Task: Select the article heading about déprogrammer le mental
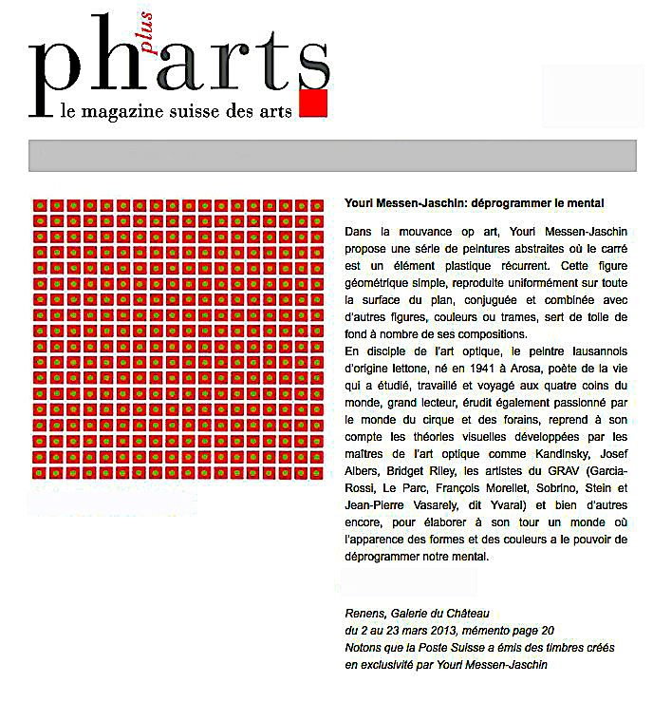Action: pos(475,204)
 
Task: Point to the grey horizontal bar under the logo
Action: pos(331,155)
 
